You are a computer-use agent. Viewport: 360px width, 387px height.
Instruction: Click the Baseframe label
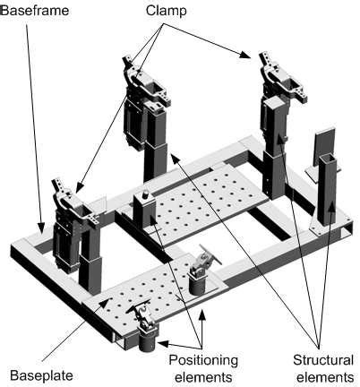[35, 11]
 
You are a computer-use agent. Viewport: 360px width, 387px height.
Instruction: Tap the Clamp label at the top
[166, 11]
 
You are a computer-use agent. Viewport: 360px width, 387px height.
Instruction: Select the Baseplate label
[41, 375]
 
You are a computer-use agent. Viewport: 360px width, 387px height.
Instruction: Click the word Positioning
[203, 360]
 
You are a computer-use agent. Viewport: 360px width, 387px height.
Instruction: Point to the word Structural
[323, 360]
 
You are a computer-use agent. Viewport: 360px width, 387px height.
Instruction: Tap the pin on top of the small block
[146, 194]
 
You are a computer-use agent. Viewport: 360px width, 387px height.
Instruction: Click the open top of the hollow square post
[328, 159]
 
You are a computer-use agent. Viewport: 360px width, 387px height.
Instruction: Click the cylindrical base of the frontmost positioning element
[148, 341]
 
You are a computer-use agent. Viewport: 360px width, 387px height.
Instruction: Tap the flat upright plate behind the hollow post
[324, 147]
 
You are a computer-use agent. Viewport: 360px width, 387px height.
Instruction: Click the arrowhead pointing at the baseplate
[104, 304]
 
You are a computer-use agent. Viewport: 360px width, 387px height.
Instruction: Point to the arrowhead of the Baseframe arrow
[41, 228]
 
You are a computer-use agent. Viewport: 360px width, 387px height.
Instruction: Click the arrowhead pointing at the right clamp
[244, 55]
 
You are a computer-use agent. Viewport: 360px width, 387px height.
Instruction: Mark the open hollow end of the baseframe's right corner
[348, 229]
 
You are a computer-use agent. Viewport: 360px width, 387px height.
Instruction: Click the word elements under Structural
[325, 377]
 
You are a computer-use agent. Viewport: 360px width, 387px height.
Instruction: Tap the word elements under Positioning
[203, 377]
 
